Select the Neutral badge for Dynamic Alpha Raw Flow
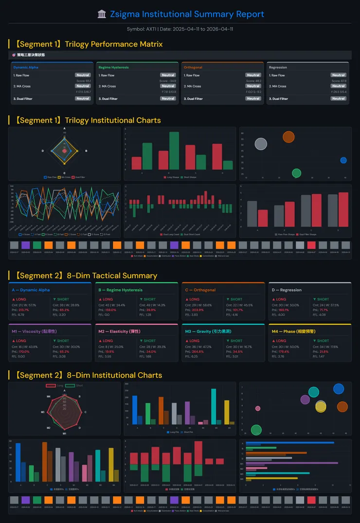point(83,75)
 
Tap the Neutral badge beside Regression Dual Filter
point(338,99)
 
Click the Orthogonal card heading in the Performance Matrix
point(193,68)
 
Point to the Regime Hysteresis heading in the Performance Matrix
point(113,68)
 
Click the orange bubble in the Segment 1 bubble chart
point(288,137)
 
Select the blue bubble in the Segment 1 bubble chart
point(343,160)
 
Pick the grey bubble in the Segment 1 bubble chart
point(261,144)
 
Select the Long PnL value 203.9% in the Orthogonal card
point(198,310)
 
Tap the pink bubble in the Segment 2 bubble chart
point(258,408)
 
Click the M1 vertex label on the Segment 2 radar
point(65,433)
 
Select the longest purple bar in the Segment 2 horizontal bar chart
point(292,463)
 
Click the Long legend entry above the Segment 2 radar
point(55,385)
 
